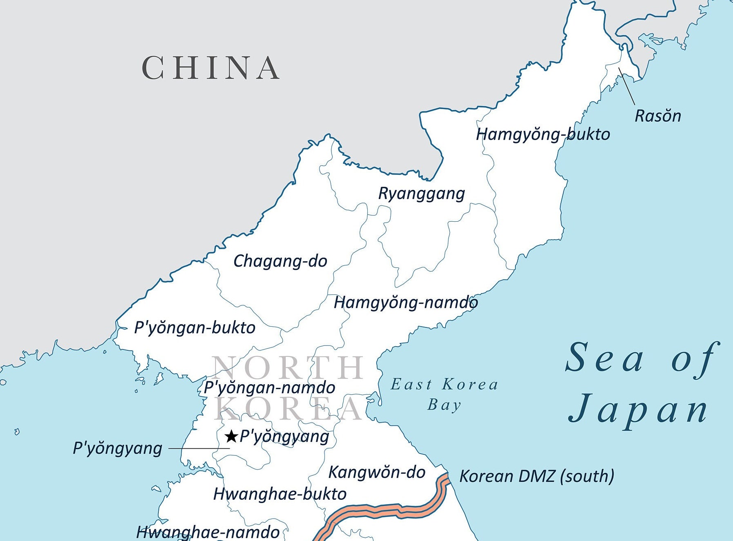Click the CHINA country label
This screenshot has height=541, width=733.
click(211, 68)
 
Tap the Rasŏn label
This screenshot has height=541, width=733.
click(657, 116)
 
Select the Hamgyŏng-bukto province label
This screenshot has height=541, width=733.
click(543, 134)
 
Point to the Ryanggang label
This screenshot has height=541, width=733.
click(422, 193)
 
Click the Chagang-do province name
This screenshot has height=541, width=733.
click(280, 261)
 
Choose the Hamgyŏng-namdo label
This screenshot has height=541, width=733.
click(406, 303)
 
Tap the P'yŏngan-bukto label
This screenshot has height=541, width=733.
click(195, 327)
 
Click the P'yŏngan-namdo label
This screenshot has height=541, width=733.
click(269, 387)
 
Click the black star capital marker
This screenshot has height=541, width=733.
click(231, 436)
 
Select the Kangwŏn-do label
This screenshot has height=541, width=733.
click(377, 472)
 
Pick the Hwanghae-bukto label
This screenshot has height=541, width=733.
click(280, 494)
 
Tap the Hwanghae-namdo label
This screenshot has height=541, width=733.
click(208, 532)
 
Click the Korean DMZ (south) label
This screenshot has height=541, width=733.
click(537, 476)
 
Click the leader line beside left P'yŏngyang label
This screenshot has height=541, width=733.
click(199, 448)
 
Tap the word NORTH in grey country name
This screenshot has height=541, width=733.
click(288, 367)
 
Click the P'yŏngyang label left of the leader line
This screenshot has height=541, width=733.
click(118, 448)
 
